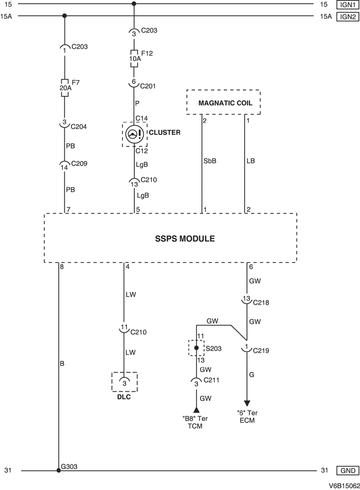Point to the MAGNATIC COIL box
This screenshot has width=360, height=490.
(x=223, y=102)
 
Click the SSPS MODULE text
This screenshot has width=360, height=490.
(x=170, y=239)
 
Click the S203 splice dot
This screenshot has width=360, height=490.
(x=196, y=348)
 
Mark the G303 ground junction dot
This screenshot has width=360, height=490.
(x=59, y=456)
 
